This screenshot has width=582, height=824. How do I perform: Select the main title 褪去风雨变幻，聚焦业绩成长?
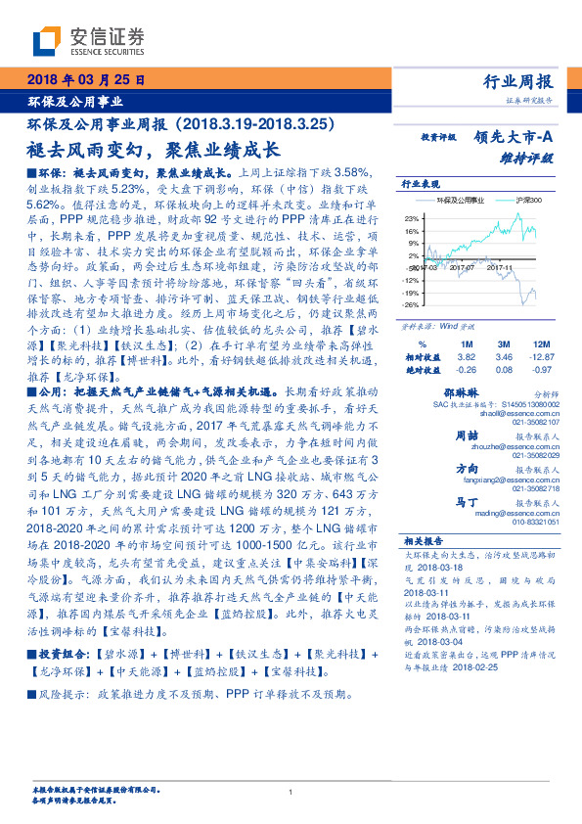pyautogui.click(x=151, y=150)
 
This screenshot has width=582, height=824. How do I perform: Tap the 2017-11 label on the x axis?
pyautogui.click(x=499, y=266)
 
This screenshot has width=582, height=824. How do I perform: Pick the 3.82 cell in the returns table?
pyautogui.click(x=466, y=358)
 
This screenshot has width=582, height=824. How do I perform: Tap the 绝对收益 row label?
pyautogui.click(x=421, y=371)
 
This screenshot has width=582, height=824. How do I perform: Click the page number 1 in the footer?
pyautogui.click(x=291, y=793)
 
